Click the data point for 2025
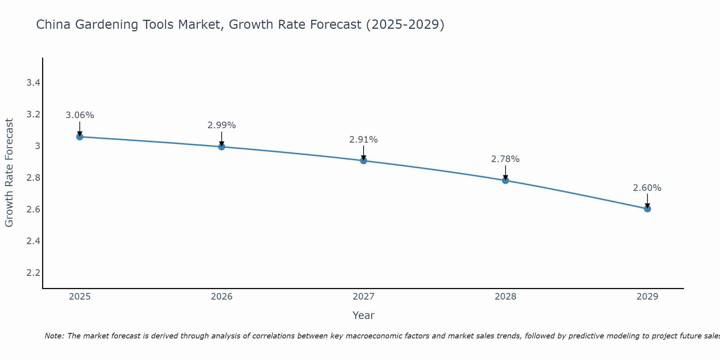coord(80,137)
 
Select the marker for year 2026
coord(222,147)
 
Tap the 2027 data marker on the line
coord(364,161)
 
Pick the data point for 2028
coord(505,180)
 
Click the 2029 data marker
coord(647,209)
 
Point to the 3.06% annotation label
coord(80,115)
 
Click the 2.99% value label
coord(222,125)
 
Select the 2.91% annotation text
coord(364,139)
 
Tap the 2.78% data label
coord(505,159)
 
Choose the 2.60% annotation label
coord(647,188)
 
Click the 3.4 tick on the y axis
coord(33,83)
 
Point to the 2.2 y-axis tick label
coord(33,273)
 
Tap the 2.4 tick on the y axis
coord(33,241)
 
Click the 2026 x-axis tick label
coord(222,297)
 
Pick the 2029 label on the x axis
coord(647,297)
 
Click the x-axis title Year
coord(364,315)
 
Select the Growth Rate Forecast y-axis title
coord(9,173)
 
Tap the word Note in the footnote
coord(54,336)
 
